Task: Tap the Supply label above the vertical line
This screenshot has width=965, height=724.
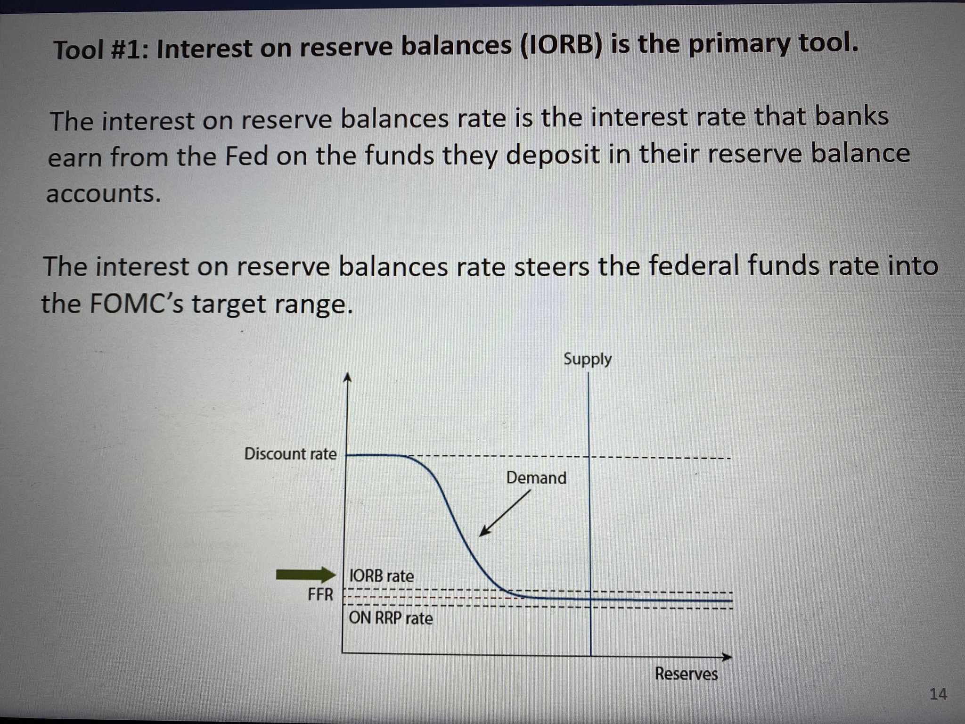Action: pos(587,360)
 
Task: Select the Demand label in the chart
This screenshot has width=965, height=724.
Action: pos(536,478)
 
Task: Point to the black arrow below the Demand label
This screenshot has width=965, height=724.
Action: pos(504,513)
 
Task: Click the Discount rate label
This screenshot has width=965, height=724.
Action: pos(290,454)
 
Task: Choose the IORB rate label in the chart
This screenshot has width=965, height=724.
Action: pos(381,576)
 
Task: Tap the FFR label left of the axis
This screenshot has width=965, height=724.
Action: pos(320,595)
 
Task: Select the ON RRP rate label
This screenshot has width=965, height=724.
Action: pos(391,618)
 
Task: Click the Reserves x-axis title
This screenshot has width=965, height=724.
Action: pos(686,674)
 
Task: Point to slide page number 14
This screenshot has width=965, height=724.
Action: pos(938,694)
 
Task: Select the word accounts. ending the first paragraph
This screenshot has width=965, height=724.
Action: pos(104,194)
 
